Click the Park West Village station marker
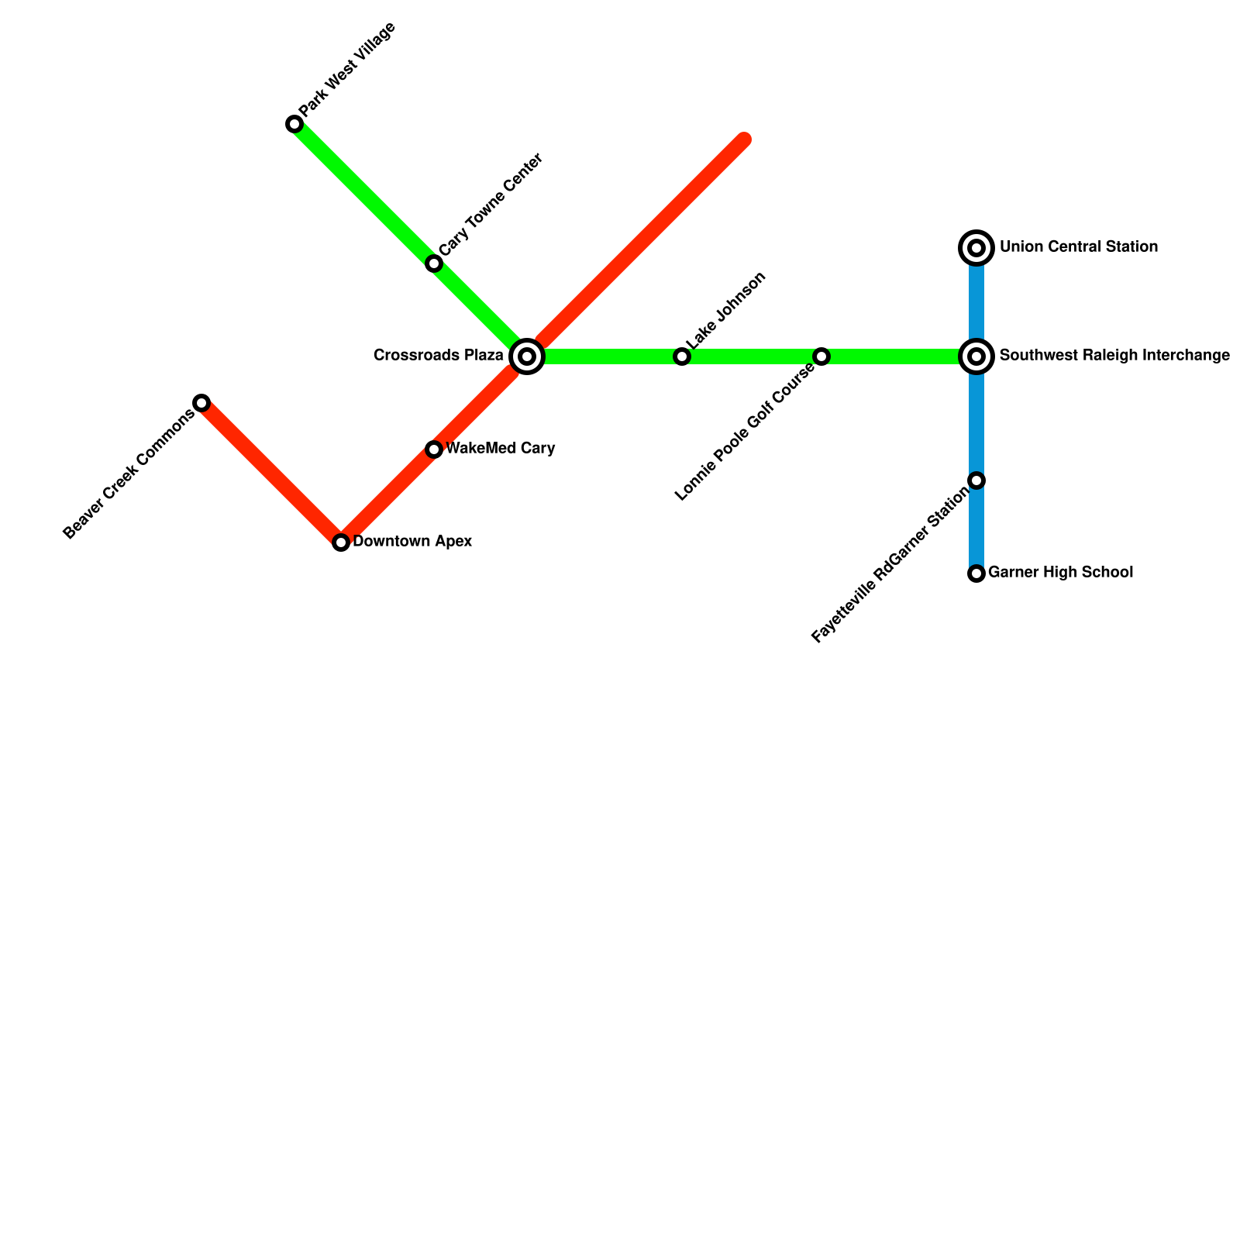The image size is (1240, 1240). (294, 124)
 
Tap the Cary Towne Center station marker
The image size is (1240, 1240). (434, 263)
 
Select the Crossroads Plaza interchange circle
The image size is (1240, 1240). (527, 356)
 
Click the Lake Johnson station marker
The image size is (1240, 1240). (682, 356)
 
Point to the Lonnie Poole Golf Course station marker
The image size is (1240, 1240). (821, 356)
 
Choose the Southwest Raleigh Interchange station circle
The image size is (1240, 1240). (976, 356)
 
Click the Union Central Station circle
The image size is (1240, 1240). (976, 248)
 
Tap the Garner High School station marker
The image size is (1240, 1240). (976, 573)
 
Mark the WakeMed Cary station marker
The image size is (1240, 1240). (434, 449)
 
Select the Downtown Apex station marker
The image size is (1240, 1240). (341, 542)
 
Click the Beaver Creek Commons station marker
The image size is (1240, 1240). (201, 403)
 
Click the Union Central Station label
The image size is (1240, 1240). (1078, 247)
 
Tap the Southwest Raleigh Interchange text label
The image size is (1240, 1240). (1114, 356)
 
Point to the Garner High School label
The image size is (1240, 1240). (1060, 573)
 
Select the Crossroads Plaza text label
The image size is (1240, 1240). (439, 356)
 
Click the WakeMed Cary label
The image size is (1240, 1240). (500, 449)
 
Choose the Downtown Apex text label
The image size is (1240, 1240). (412, 542)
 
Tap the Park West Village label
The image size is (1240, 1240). (348, 69)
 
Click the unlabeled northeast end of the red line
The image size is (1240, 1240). (743, 140)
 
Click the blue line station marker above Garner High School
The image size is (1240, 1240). (976, 480)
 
